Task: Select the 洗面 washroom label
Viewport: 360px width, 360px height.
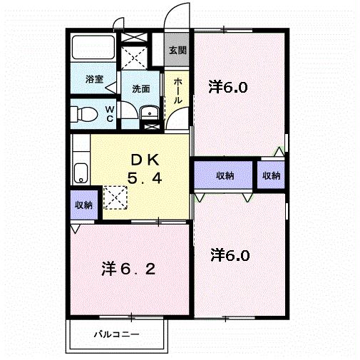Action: click(140, 89)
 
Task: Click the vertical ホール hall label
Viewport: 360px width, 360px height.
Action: click(178, 91)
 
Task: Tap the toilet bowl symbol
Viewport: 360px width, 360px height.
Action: click(86, 114)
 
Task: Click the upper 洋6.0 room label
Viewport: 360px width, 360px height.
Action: click(228, 88)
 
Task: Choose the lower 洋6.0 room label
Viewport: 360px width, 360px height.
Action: click(230, 254)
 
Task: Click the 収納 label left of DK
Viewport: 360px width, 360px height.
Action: click(83, 205)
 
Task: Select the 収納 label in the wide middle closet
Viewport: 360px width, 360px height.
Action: click(224, 175)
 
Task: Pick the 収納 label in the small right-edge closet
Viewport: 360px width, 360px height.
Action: click(270, 175)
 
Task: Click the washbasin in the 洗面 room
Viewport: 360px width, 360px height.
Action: click(150, 112)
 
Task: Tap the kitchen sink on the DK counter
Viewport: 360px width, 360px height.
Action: click(81, 172)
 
